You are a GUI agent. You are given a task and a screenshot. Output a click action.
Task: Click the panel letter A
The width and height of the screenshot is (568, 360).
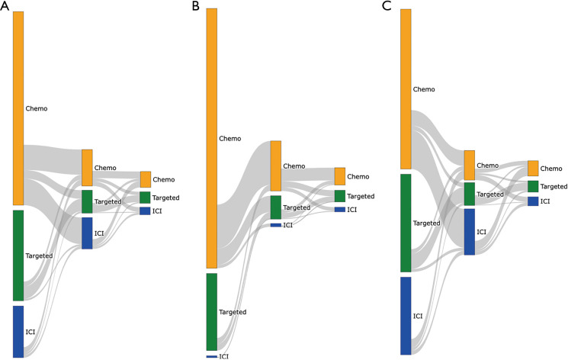(5, 6)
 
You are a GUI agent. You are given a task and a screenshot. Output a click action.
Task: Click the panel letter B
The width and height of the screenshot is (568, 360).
(197, 6)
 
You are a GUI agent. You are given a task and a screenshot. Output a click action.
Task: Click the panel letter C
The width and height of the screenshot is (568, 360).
(393, 6)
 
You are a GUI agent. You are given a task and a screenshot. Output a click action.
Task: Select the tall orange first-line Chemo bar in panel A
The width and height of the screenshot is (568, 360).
(18, 108)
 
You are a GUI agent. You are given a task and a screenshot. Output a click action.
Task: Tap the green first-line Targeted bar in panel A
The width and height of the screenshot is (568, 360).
(18, 255)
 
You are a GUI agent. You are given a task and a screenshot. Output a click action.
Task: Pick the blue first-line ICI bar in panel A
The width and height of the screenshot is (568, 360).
(18, 331)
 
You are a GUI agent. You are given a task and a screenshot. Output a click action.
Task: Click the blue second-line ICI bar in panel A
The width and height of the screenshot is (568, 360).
(87, 233)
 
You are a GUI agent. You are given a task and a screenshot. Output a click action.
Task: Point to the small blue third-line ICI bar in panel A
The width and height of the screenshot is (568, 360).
(145, 211)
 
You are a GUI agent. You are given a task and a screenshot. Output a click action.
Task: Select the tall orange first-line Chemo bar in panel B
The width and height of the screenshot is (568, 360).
(212, 138)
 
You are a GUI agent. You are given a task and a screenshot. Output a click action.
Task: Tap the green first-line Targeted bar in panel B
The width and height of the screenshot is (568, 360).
(212, 311)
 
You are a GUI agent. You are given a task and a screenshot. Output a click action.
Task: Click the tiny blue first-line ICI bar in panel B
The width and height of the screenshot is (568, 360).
(212, 356)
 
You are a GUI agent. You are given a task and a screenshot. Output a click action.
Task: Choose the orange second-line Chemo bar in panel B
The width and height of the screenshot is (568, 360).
(275, 166)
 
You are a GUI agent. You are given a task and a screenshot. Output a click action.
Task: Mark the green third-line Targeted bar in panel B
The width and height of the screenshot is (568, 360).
(339, 196)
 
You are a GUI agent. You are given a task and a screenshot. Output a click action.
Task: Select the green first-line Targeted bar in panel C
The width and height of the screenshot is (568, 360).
(406, 223)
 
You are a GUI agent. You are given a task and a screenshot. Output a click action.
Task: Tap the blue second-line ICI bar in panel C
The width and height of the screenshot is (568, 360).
(469, 231)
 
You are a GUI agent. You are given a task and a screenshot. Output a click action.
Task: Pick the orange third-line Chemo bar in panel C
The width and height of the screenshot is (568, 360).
(533, 169)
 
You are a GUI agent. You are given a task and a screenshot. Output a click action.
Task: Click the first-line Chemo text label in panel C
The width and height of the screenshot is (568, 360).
(424, 89)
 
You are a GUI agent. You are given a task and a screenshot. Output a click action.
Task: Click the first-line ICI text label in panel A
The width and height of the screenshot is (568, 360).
(30, 333)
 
